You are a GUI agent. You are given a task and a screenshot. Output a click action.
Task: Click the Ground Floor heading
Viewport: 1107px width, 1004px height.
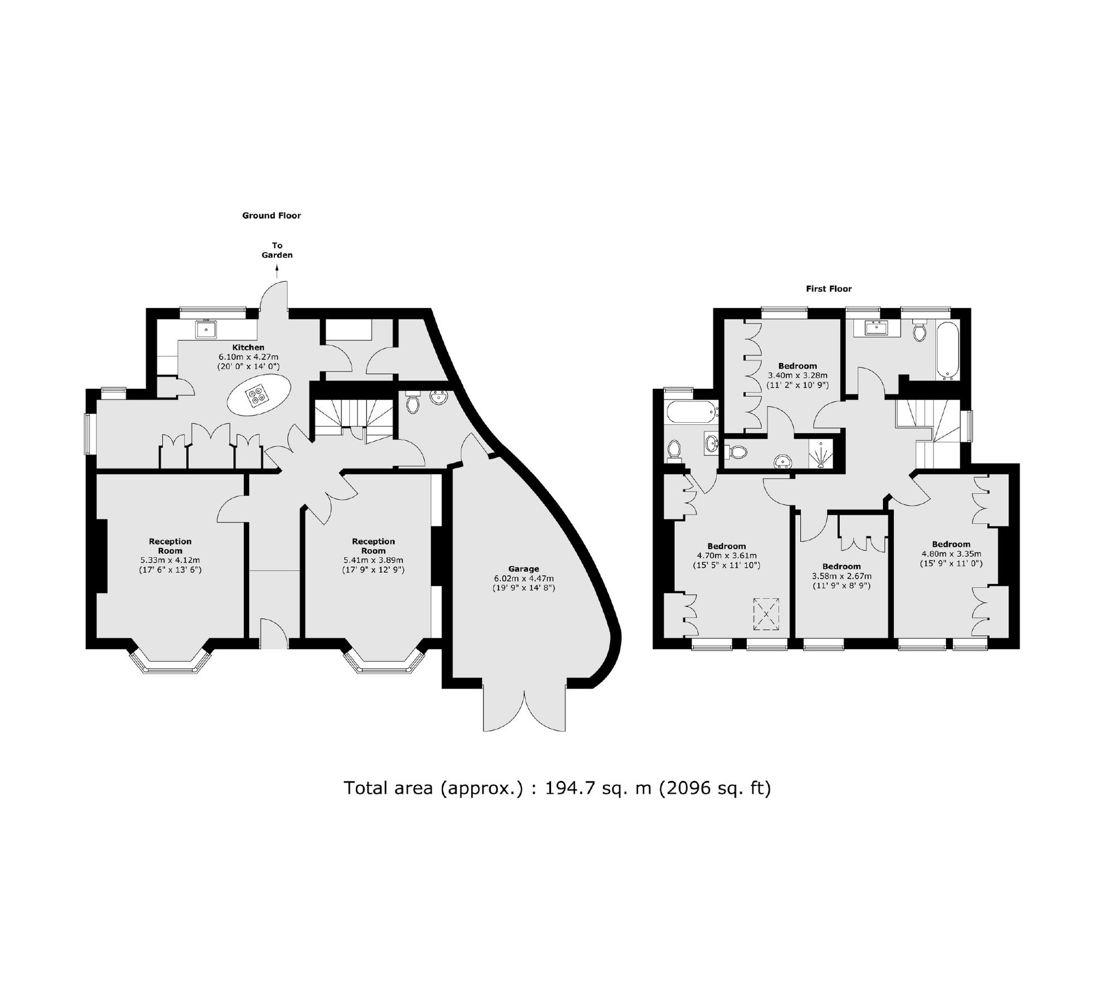click(271, 215)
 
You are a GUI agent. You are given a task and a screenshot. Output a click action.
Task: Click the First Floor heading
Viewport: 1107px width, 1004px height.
click(829, 289)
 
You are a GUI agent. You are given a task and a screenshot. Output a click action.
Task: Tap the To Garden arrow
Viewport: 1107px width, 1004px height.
click(277, 272)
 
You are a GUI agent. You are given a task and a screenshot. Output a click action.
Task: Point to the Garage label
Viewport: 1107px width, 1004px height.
click(523, 569)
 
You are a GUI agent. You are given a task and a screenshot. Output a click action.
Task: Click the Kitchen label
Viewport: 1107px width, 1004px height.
click(249, 347)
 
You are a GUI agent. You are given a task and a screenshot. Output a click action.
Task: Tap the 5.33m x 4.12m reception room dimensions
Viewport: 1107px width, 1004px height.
click(170, 560)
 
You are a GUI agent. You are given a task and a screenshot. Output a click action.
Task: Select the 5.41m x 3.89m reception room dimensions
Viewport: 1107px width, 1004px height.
click(373, 560)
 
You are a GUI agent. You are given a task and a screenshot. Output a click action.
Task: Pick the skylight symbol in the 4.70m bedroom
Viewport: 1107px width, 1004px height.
click(766, 614)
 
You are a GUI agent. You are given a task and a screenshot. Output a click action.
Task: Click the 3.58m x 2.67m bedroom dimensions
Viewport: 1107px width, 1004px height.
click(842, 576)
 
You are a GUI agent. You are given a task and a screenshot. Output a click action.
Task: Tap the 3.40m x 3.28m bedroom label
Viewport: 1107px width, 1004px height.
click(797, 366)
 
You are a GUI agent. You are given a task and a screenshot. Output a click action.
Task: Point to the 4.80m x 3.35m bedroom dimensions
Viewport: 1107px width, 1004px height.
click(951, 554)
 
